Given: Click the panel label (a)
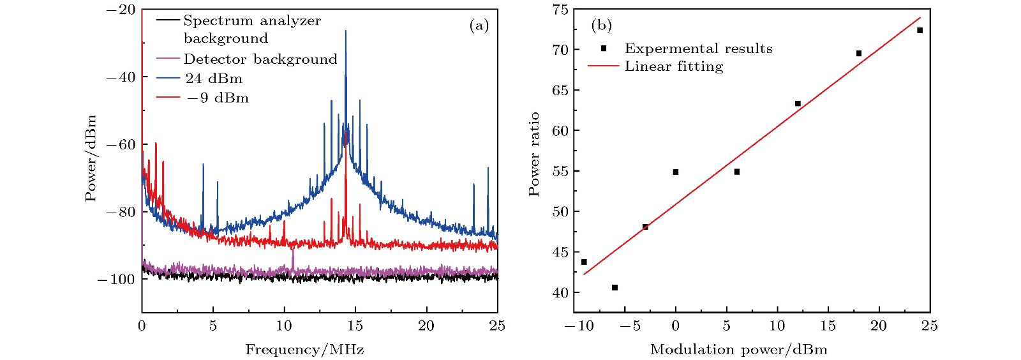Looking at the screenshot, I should tap(479, 26).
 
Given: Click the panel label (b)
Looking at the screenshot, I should tap(601, 26).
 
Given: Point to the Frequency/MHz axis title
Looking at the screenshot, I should tap(304, 350).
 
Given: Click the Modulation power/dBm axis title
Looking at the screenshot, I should tap(738, 350).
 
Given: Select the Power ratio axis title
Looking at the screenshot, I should tap(534, 154).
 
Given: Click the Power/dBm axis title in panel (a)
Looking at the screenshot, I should tap(91, 158).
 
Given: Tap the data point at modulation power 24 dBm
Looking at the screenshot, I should tap(920, 31).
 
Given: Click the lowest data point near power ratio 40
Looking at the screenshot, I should tap(615, 288).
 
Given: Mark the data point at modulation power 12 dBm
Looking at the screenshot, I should tap(798, 103).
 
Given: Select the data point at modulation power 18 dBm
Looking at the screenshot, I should tap(859, 54).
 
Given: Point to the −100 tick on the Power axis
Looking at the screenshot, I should tap(116, 280).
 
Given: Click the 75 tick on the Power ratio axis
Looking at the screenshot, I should tap(560, 10).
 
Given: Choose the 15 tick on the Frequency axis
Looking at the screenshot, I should tap(355, 326).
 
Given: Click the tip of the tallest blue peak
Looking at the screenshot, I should tap(346, 30).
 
